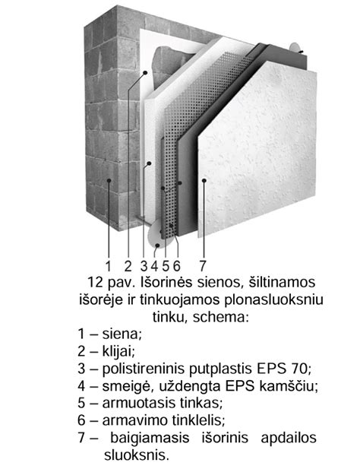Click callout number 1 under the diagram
109,266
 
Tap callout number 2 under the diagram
128,266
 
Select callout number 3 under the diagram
144,266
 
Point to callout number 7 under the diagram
203,266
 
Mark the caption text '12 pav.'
109,282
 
